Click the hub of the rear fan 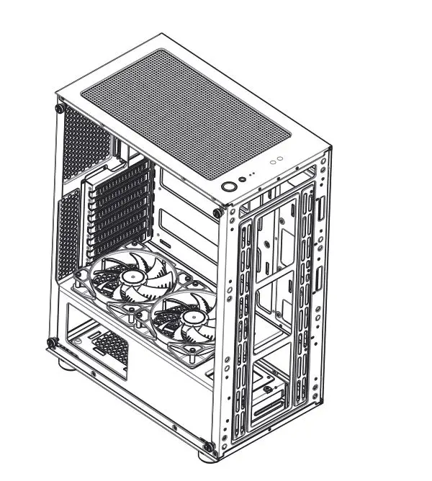pos(130,277)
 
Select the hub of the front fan pos(192,316)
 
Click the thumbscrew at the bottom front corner pos(208,447)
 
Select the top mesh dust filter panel pos(186,113)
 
